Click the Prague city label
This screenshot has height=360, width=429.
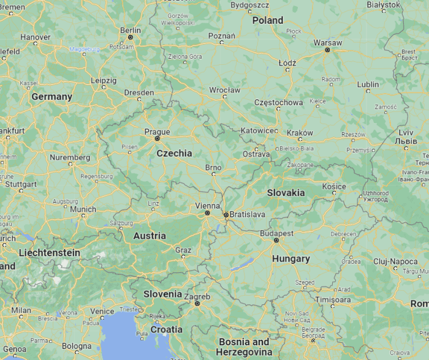[x=158, y=131]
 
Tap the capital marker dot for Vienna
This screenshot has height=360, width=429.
[x=208, y=213]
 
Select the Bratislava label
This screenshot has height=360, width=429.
[x=246, y=214]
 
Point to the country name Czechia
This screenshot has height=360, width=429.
[x=174, y=153]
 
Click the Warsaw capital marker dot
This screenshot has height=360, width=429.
[x=327, y=50]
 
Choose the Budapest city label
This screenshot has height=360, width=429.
[x=276, y=233]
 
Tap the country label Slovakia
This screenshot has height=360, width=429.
[x=286, y=192]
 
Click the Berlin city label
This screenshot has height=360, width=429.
[x=131, y=30]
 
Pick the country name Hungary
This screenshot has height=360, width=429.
[x=291, y=259]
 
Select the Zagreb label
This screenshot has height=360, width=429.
[x=197, y=296]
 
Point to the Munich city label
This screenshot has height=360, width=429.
[x=83, y=209]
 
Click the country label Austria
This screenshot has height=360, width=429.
[x=150, y=236]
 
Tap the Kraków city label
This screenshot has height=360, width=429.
[x=300, y=133]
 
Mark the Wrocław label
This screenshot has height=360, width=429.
[x=225, y=89]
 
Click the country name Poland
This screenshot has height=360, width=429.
[x=268, y=20]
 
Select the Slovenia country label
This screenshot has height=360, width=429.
[x=162, y=294]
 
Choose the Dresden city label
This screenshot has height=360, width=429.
[x=139, y=92]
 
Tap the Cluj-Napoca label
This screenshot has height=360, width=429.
[x=395, y=261]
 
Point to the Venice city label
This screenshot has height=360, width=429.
[x=102, y=311]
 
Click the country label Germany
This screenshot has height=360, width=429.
[x=51, y=97]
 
